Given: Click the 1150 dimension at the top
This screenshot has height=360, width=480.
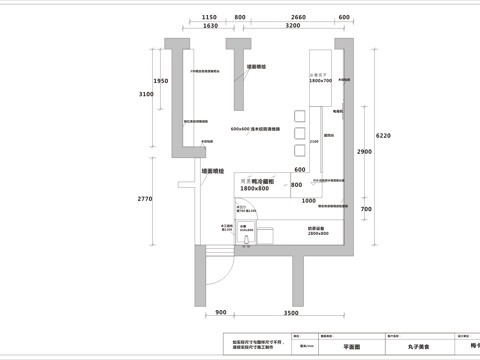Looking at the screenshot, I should tap(209, 18).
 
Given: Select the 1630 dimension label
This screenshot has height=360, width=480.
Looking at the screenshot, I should tap(209, 27).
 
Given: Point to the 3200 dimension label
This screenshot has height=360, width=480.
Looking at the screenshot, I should tap(292, 27).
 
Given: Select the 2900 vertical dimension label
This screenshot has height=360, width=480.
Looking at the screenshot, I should tap(364, 151).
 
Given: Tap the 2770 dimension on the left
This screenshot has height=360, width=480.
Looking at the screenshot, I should tap(144, 199).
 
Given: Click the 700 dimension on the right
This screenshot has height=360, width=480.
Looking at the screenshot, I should tap(366, 209).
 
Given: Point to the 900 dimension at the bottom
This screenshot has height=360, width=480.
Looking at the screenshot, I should tap(221, 313).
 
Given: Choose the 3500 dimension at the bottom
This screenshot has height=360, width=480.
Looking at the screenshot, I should tap(291, 313).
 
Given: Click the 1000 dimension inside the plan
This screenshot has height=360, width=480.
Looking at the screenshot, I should tap(309, 201).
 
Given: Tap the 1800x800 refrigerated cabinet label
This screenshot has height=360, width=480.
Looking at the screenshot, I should tap(255, 188).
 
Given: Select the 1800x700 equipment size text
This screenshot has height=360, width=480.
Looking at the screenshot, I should tap(320, 80).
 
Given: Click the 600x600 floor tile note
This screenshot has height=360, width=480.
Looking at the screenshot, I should tap(254, 130).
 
